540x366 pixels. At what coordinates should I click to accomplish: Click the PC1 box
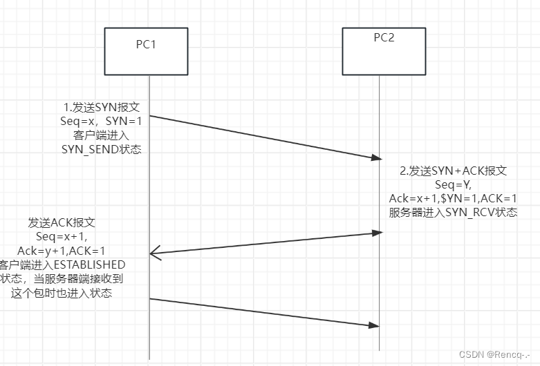click(x=146, y=52)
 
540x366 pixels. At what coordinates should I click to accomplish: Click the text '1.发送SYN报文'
click(x=102, y=107)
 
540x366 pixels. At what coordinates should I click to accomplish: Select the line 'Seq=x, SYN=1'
click(x=102, y=121)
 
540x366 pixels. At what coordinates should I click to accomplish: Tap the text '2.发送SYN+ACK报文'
click(x=454, y=171)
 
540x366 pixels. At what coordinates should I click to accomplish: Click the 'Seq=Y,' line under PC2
click(x=454, y=185)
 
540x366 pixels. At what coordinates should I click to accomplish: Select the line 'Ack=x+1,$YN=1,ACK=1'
click(x=454, y=199)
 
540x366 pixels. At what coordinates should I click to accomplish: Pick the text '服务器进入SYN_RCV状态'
click(x=454, y=213)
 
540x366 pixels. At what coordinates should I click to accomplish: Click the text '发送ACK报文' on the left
click(x=61, y=223)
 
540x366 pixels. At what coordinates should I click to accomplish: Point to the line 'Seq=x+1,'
click(x=61, y=237)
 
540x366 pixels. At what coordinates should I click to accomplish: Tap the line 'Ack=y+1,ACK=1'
click(x=61, y=251)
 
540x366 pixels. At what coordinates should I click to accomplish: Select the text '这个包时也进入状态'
click(x=62, y=293)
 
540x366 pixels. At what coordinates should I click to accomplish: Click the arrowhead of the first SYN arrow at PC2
click(x=377, y=158)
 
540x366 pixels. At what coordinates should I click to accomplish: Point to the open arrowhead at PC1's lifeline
click(x=155, y=255)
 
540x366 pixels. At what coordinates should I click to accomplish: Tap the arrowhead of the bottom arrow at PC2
click(x=377, y=325)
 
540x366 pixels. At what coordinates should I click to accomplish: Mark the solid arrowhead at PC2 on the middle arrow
click(x=377, y=233)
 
